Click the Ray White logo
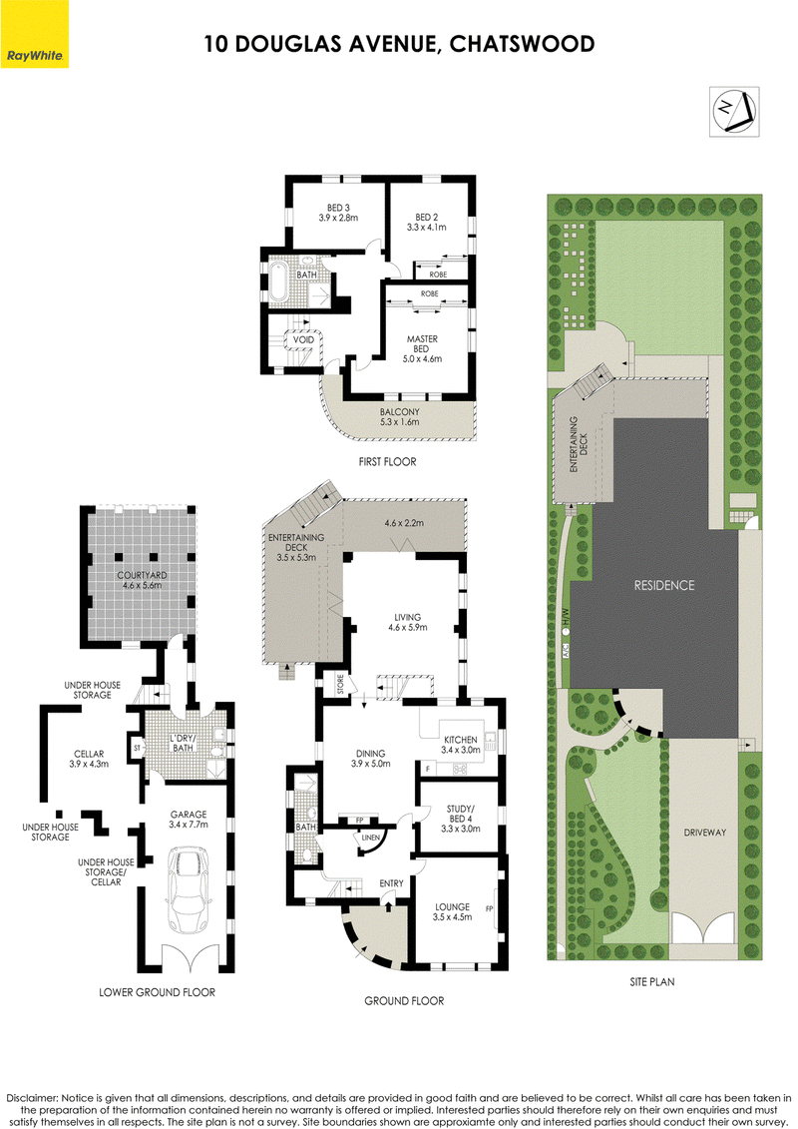coord(35,34)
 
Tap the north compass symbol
coord(734,111)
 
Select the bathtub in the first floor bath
coord(277,282)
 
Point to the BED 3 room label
coord(338,213)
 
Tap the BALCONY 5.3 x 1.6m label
coord(399,417)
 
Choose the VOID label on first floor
coord(303,339)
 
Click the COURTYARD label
coord(142,580)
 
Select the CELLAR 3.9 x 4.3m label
coord(89,759)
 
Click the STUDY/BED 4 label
coord(461,819)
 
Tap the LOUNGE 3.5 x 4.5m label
coord(452,911)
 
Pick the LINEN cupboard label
coord(371,838)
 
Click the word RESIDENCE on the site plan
coord(664,585)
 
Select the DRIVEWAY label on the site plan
coord(704,833)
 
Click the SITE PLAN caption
coord(652,981)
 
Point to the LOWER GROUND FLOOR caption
coord(157,992)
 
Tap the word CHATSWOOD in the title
coord(522,44)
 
